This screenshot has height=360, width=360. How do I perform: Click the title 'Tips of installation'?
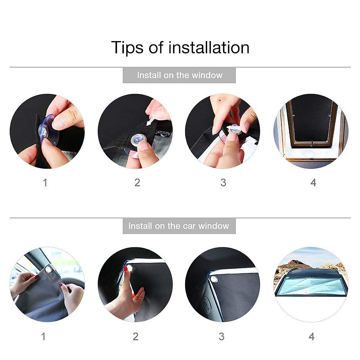pyautogui.click(x=180, y=47)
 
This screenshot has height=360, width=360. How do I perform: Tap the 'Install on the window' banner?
pyautogui.click(x=179, y=75)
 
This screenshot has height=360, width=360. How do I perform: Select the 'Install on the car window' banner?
pyautogui.click(x=179, y=226)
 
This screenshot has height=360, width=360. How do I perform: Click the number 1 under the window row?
pyautogui.click(x=45, y=182)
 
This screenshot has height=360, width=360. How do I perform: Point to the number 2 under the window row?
pyautogui.click(x=137, y=182)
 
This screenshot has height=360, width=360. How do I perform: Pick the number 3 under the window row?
pyautogui.click(x=223, y=182)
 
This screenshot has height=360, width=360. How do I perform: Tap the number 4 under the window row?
pyautogui.click(x=313, y=182)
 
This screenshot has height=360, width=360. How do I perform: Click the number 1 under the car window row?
pyautogui.click(x=43, y=336)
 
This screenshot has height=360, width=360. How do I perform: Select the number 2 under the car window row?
pyautogui.click(x=136, y=336)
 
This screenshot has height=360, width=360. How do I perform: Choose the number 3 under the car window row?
pyautogui.click(x=222, y=336)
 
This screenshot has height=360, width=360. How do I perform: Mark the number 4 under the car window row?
pyautogui.click(x=312, y=336)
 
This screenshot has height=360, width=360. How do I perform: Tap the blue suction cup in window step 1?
pyautogui.click(x=48, y=130)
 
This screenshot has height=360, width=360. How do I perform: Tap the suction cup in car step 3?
pyautogui.click(x=214, y=279)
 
